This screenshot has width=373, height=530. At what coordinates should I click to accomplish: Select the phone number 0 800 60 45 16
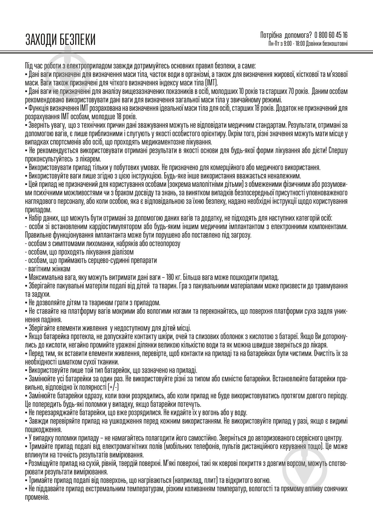coord(331,35)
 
